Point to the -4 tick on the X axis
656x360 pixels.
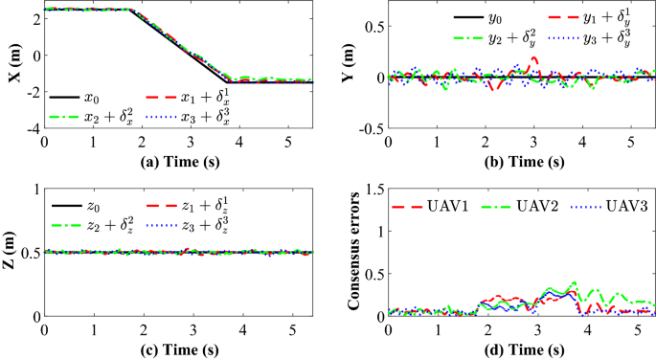[x=32, y=127]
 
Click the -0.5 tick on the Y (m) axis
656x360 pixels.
[x=369, y=127]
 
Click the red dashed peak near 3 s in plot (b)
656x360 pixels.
[x=534, y=58]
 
